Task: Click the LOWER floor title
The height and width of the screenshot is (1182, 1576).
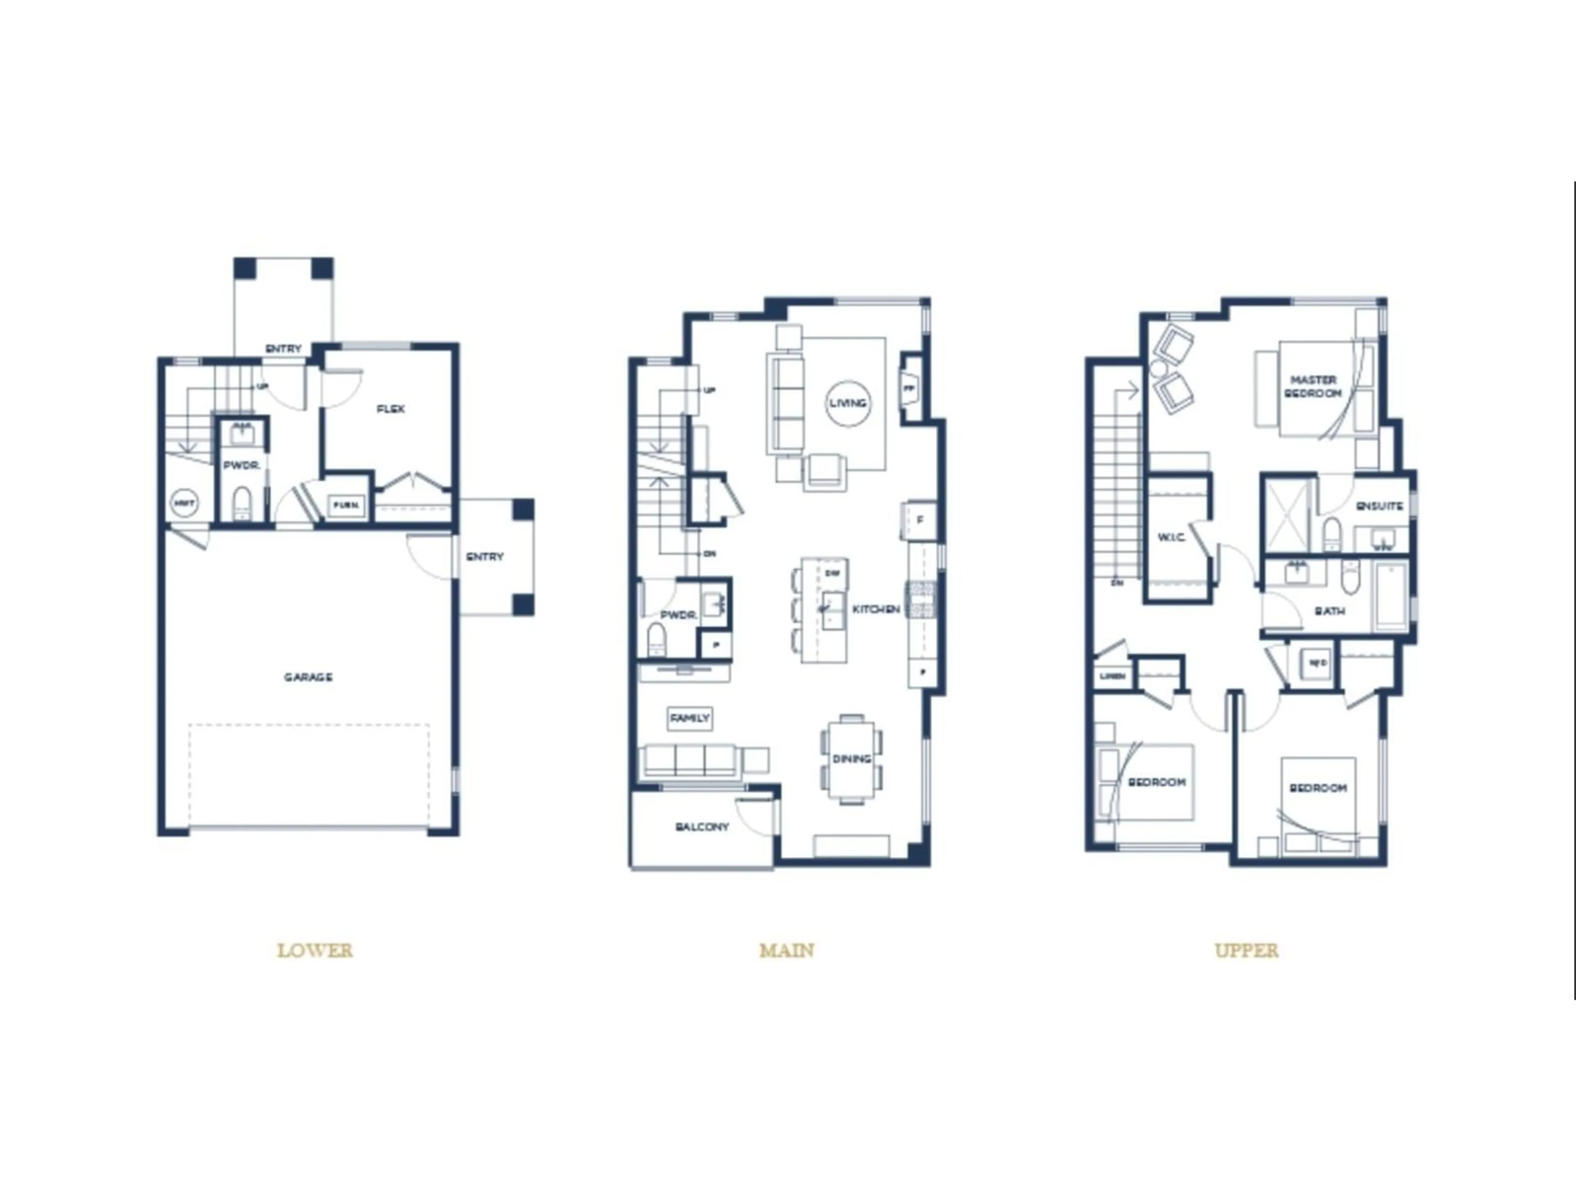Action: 314,951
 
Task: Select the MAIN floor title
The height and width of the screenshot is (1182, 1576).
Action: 787,951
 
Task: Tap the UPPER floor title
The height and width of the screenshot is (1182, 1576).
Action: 1246,951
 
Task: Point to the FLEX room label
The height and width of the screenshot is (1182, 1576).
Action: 390,409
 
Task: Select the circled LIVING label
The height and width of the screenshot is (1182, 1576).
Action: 848,403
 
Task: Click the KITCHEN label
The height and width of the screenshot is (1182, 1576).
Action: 876,609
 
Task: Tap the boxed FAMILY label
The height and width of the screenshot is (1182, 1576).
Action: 689,718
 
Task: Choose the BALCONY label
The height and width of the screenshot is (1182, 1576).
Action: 702,827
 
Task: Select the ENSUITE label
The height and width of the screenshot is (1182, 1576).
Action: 1379,506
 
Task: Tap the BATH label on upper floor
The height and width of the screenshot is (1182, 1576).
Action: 1329,611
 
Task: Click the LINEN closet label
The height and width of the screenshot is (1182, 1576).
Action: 1112,676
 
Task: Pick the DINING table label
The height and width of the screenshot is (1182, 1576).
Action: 852,759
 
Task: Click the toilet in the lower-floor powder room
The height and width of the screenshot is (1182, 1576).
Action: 242,503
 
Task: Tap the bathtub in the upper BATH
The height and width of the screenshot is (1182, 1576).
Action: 1391,596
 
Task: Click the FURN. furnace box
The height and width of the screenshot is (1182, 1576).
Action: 346,505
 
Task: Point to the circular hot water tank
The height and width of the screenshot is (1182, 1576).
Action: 184,504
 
